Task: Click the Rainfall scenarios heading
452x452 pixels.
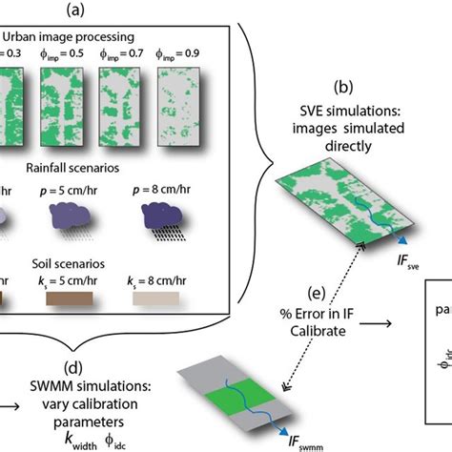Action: pos(96,171)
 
